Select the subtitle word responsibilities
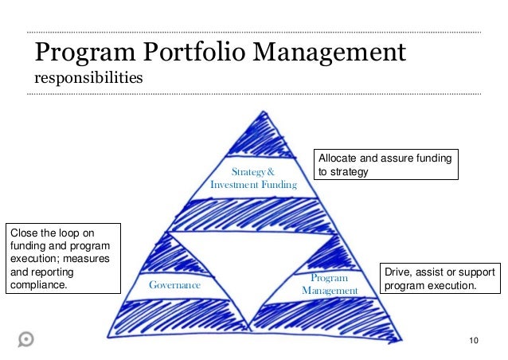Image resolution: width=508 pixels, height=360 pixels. [88, 79]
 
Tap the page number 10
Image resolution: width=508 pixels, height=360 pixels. [475, 342]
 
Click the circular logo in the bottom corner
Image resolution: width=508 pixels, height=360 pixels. [25, 338]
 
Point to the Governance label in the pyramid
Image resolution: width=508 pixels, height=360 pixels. [175, 284]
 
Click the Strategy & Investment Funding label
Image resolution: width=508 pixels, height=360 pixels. [253, 178]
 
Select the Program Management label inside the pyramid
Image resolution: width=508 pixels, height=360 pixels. [330, 284]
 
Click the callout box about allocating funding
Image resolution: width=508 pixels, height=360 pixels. [386, 165]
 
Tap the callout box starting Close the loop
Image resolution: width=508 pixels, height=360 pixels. [62, 259]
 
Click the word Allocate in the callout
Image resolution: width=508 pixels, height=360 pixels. [339, 158]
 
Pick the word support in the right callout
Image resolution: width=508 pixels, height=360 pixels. [476, 272]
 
